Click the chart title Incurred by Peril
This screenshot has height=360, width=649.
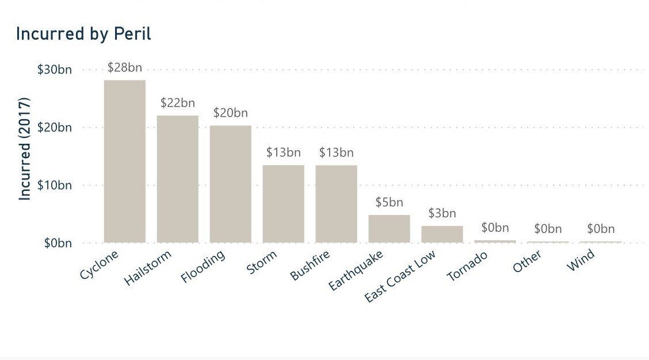[83, 34]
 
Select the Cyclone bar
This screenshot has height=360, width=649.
[124, 161]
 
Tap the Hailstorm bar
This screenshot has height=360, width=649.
[177, 179]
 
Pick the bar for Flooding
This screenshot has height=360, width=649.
[230, 184]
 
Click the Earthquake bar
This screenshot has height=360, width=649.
[389, 229]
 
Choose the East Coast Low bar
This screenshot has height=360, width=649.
[442, 234]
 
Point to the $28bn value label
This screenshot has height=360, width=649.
[124, 68]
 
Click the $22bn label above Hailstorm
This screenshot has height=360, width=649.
[177, 104]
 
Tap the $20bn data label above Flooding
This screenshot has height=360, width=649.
[230, 113]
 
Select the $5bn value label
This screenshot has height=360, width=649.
[389, 202]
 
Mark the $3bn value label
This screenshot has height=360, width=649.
[442, 213]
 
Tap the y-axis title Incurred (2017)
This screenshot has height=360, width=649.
[25, 148]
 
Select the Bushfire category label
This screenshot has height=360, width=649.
[307, 265]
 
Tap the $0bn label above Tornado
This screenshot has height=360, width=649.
[495, 228]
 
